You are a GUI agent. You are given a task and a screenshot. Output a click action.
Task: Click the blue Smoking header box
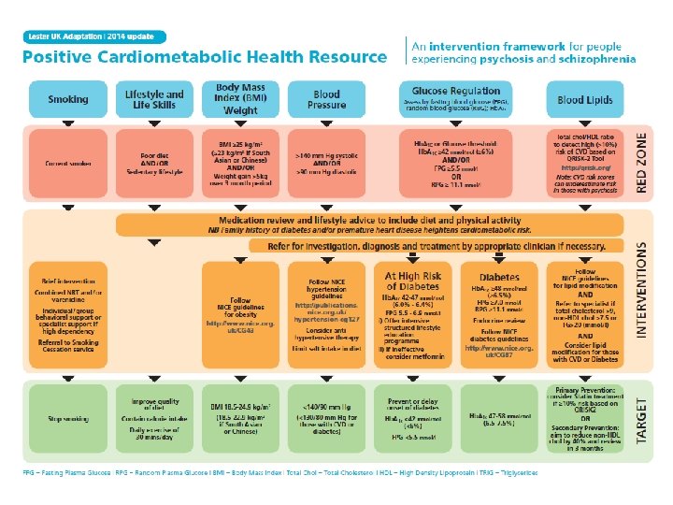[68, 99]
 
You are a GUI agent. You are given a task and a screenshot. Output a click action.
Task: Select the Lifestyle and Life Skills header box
[154, 99]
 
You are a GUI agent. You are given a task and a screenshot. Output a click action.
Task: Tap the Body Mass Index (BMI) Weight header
[240, 99]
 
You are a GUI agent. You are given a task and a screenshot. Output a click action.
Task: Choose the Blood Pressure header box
[326, 99]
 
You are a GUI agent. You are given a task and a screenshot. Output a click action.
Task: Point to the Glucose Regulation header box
[455, 99]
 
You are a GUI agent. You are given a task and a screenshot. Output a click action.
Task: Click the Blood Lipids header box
[585, 99]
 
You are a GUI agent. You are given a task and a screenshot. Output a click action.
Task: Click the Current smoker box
[68, 163]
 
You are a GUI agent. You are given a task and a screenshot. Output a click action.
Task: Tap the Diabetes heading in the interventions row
[499, 278]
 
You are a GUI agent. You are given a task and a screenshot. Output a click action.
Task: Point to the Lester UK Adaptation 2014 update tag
[93, 36]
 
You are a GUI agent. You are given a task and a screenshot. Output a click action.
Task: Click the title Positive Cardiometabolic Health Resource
[205, 56]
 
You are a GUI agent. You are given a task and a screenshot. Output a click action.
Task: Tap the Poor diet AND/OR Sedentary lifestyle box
[154, 163]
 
